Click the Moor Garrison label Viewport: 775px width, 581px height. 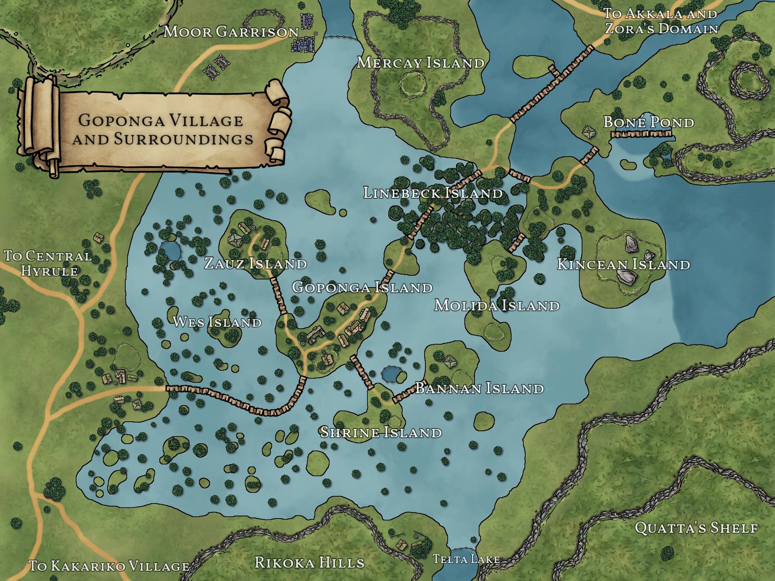click(x=231, y=31)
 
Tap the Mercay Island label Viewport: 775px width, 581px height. click(x=421, y=63)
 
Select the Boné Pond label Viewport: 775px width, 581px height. click(x=648, y=122)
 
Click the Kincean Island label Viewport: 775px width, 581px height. click(x=623, y=264)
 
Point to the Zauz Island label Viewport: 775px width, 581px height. click(x=255, y=263)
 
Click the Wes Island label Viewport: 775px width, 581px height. click(x=217, y=322)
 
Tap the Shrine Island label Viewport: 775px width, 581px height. click(x=381, y=432)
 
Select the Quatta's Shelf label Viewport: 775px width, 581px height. click(x=696, y=528)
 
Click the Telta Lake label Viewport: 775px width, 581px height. click(x=466, y=559)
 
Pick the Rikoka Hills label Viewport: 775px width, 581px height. click(x=309, y=562)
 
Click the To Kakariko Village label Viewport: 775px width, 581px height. click(x=109, y=566)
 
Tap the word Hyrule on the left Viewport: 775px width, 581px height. click(x=50, y=271)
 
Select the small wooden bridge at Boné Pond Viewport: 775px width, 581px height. click(x=641, y=134)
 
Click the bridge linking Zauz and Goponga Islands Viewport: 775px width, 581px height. click(x=279, y=296)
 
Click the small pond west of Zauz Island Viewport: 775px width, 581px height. click(x=170, y=250)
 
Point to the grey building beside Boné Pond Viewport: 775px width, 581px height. click(x=589, y=132)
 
